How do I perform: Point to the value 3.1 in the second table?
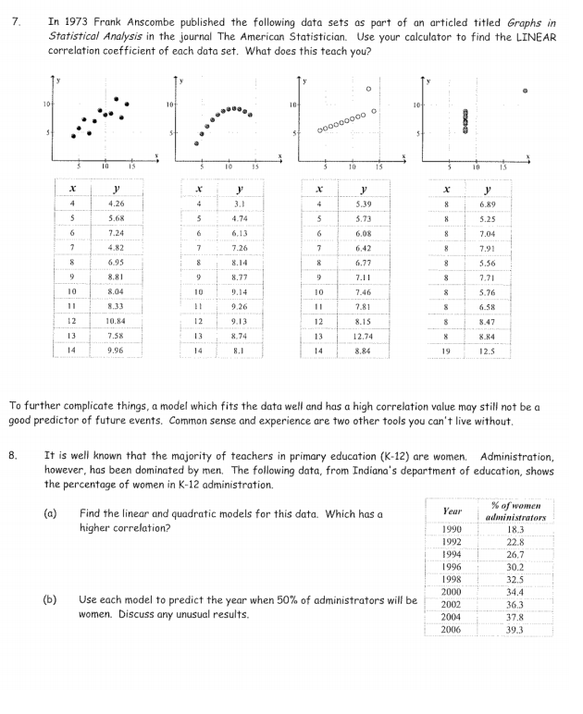pos(240,203)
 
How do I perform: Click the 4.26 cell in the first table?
pos(117,203)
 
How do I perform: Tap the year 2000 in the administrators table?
pos(452,591)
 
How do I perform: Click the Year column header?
pos(453,510)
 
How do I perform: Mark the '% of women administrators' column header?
pos(515,511)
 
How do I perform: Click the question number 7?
pos(12,20)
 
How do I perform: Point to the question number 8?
pos(12,455)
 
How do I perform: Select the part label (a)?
pos(50,512)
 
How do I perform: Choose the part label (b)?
pos(50,599)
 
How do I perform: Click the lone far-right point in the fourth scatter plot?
pos(525,92)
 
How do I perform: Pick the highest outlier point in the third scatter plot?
pos(368,89)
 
